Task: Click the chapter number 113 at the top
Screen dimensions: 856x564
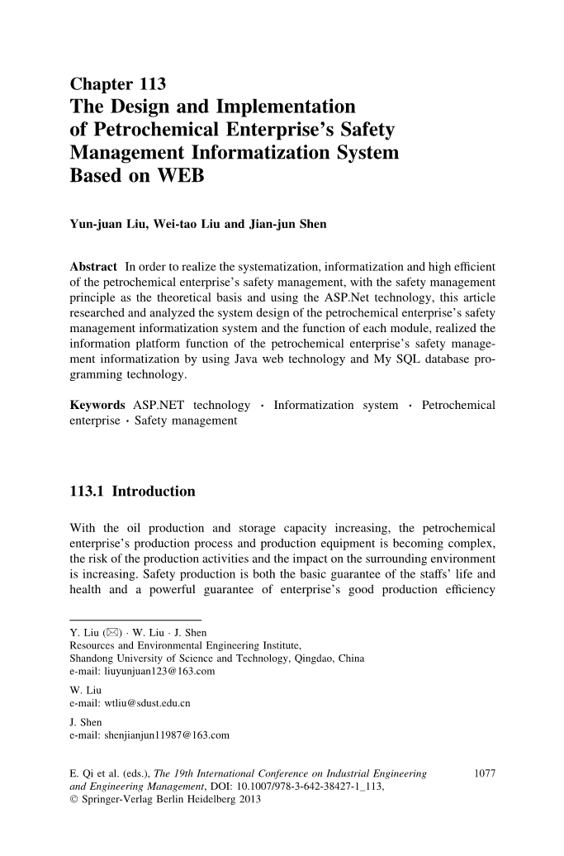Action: [x=148, y=83]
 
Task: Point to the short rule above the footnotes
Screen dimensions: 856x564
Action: [x=135, y=620]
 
